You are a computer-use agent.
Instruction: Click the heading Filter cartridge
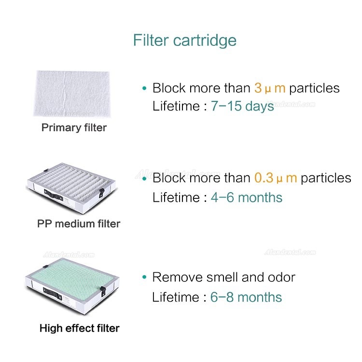click(185, 41)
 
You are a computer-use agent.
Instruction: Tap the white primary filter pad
click(72, 94)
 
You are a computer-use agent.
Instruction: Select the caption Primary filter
click(74, 128)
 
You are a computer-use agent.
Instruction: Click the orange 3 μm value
click(270, 88)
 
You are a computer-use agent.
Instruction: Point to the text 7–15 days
click(242, 106)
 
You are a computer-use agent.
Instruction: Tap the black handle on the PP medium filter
click(53, 195)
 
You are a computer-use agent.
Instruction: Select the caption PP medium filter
click(79, 223)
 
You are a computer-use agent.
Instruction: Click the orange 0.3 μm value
click(276, 178)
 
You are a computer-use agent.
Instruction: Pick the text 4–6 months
click(246, 197)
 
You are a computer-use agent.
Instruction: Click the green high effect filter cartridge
click(72, 286)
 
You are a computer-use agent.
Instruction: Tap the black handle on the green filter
click(53, 293)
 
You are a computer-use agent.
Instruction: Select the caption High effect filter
click(80, 328)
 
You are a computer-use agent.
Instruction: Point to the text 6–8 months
click(246, 297)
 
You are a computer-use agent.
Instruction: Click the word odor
click(281, 277)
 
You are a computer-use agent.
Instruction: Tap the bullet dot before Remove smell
click(144, 277)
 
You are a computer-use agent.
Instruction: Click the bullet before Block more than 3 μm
click(144, 88)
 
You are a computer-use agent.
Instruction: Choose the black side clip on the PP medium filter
click(101, 193)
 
